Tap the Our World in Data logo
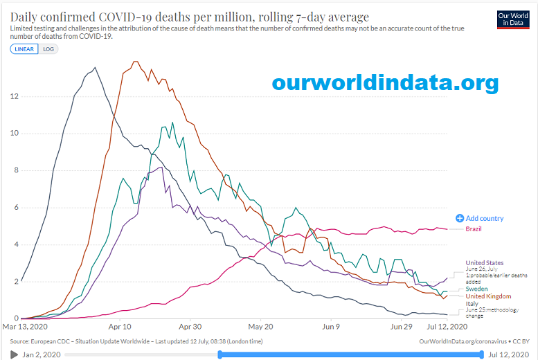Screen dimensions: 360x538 tap(513, 19)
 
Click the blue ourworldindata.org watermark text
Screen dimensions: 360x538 tap(385, 83)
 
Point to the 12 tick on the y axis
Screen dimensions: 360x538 tap(14, 96)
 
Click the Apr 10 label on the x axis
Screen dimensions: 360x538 tap(119, 326)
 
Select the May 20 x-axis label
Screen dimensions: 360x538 tap(260, 326)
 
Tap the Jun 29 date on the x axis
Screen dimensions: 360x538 tap(402, 326)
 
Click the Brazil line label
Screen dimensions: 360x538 tap(474, 228)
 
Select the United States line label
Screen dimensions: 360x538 tap(485, 263)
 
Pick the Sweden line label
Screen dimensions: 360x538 tap(476, 288)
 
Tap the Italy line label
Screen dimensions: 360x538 tap(472, 304)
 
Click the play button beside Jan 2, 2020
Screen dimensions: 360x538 tap(15, 354)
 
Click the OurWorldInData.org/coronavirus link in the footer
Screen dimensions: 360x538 tap(463, 341)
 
